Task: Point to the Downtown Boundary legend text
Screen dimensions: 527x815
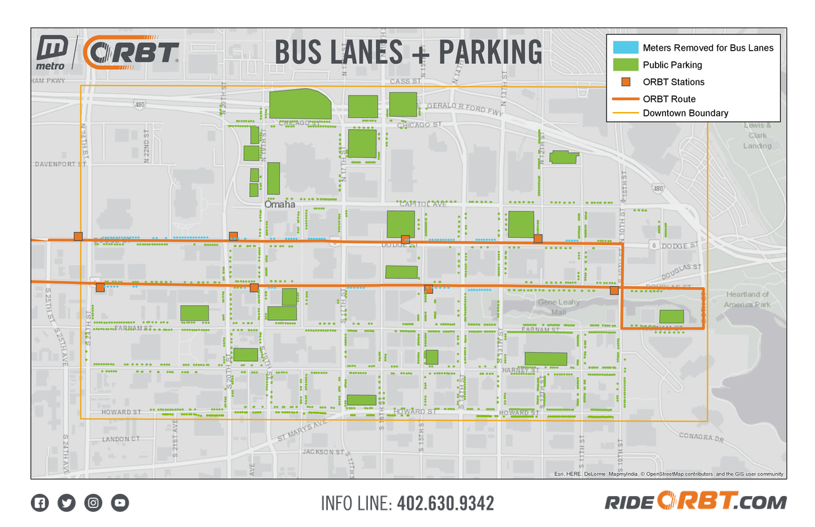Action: click(x=685, y=113)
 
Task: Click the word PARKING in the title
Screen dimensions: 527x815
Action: click(x=491, y=52)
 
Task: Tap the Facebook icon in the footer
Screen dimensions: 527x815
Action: click(x=40, y=503)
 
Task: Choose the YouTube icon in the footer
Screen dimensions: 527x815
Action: click(x=120, y=503)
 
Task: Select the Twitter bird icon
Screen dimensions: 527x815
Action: click(x=67, y=503)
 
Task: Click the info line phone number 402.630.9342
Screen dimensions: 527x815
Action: click(x=444, y=504)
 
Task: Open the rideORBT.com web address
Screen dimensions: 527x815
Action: click(x=696, y=503)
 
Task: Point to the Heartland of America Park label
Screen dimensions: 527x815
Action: click(x=747, y=299)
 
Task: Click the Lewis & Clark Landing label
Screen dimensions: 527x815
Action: click(x=757, y=135)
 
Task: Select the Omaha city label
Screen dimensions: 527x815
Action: click(x=280, y=205)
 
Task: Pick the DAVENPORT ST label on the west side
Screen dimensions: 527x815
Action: click(x=60, y=164)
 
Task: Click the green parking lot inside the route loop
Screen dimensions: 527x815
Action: click(x=671, y=316)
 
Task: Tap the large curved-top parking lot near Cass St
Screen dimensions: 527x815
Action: click(x=300, y=104)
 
